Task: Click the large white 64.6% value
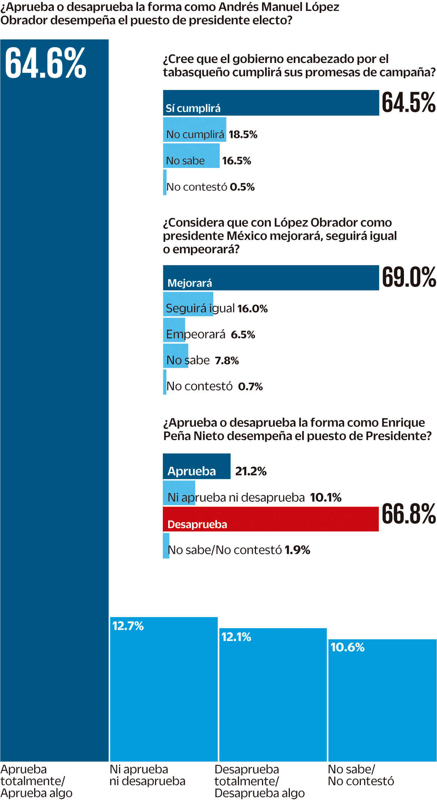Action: (x=46, y=63)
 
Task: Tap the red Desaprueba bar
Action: (x=271, y=519)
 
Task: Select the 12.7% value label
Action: (x=128, y=626)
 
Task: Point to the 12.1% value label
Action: (x=236, y=637)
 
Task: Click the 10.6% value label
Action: (x=347, y=647)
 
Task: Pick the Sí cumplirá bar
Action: (x=271, y=103)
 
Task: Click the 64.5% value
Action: (x=409, y=103)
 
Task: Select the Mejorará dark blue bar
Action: (x=271, y=278)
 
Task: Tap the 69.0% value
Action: (x=409, y=277)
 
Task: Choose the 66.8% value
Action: (x=409, y=514)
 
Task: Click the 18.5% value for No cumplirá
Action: (x=243, y=134)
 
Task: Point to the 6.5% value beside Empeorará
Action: (x=243, y=334)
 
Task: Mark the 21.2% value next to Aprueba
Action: (x=251, y=471)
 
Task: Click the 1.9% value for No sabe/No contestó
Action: (x=297, y=550)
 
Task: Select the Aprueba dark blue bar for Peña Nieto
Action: (x=197, y=466)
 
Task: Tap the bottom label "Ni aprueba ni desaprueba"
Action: (x=147, y=775)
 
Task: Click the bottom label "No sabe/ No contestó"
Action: (x=361, y=775)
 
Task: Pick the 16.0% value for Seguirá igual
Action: (x=252, y=308)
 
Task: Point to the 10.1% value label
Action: (x=325, y=497)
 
